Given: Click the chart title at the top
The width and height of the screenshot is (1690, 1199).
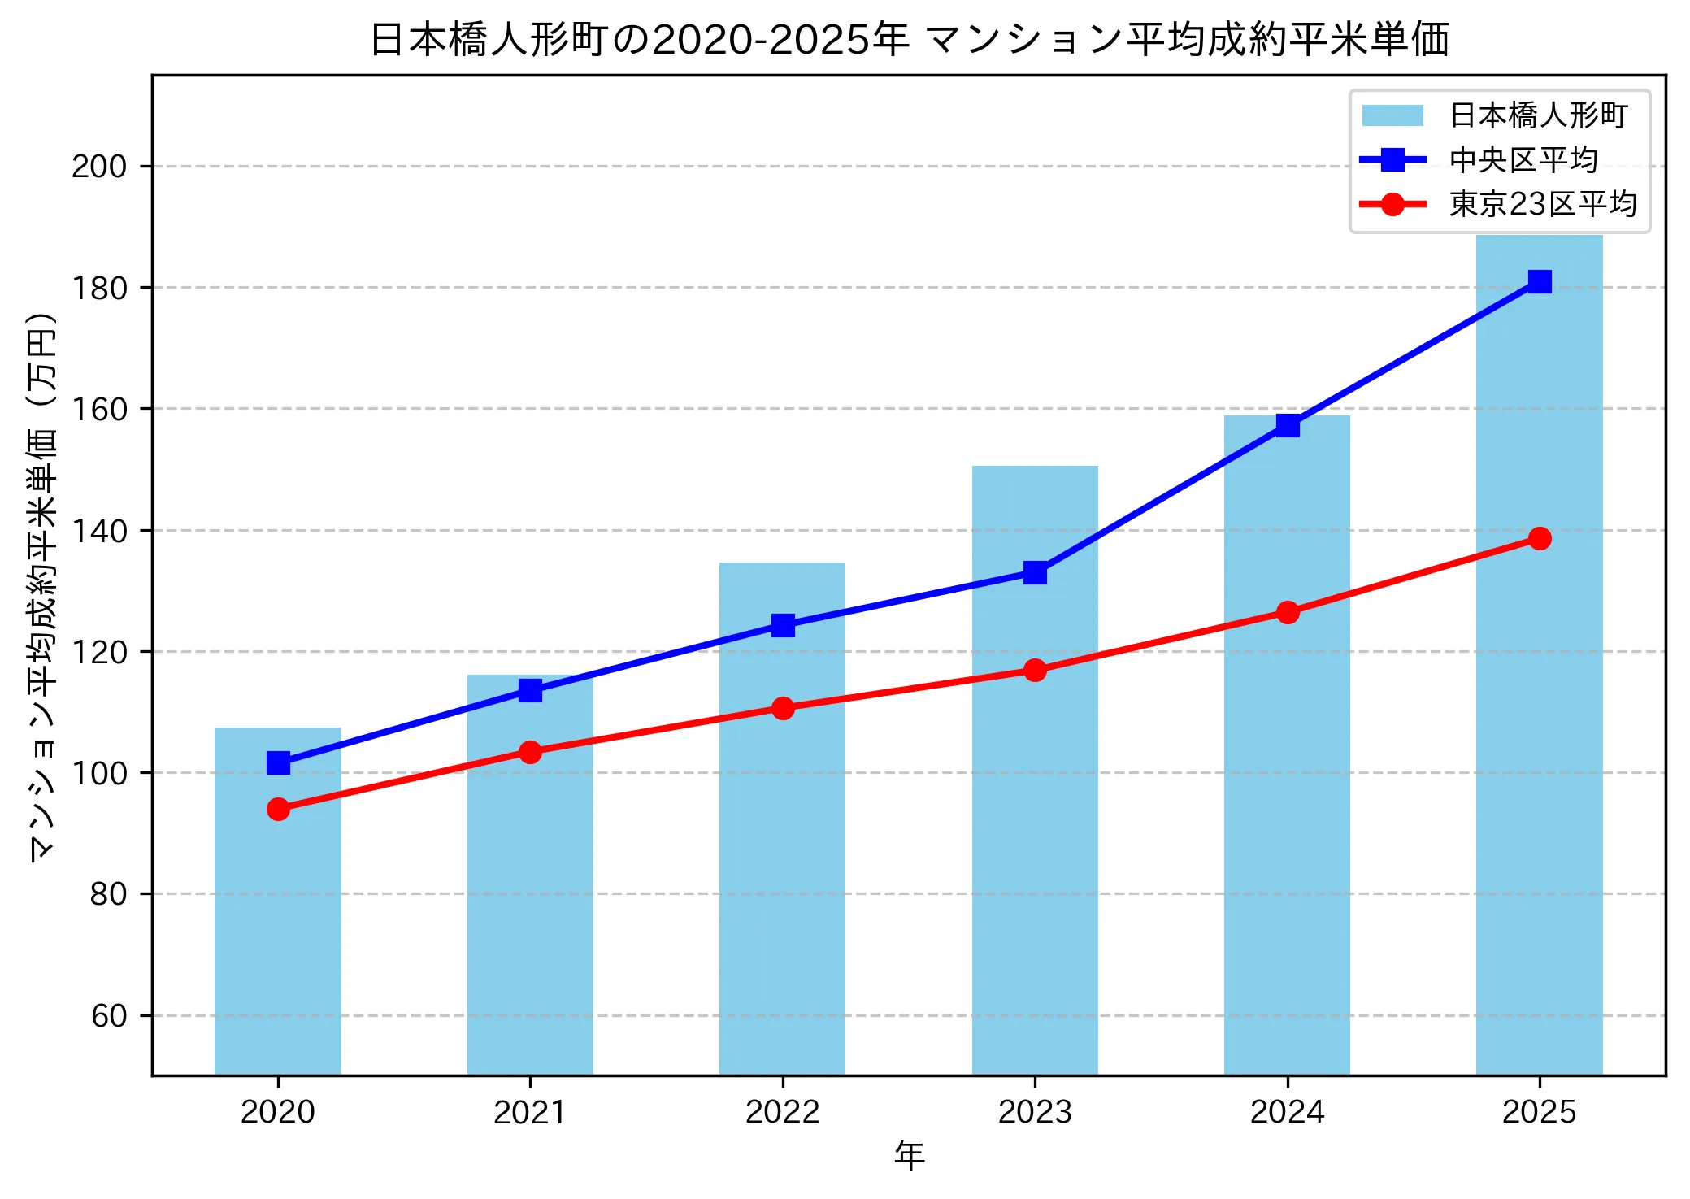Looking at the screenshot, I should [909, 39].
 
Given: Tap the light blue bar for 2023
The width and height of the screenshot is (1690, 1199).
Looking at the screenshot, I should [1035, 813].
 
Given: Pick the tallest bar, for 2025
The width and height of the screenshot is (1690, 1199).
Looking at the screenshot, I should [1539, 732].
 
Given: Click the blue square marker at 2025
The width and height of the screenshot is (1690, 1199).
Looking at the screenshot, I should [1539, 281].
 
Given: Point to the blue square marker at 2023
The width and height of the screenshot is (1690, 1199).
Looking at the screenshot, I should [1035, 572].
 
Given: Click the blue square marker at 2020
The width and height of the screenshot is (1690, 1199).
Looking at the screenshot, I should [278, 762].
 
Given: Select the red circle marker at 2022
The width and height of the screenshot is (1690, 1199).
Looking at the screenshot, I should [783, 708].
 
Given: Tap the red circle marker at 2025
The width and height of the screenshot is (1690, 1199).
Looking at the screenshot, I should [1539, 538].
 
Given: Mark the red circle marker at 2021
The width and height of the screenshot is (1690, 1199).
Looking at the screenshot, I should [530, 752].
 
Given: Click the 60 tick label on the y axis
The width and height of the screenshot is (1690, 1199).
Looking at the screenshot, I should [109, 1016].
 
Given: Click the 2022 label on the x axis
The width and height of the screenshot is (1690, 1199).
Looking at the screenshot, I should [783, 1111].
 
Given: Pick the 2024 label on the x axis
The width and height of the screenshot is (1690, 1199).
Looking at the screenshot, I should [1287, 1111].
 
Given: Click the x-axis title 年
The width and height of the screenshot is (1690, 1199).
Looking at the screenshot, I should [909, 1155].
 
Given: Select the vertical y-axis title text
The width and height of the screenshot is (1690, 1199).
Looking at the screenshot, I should [42, 585].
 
